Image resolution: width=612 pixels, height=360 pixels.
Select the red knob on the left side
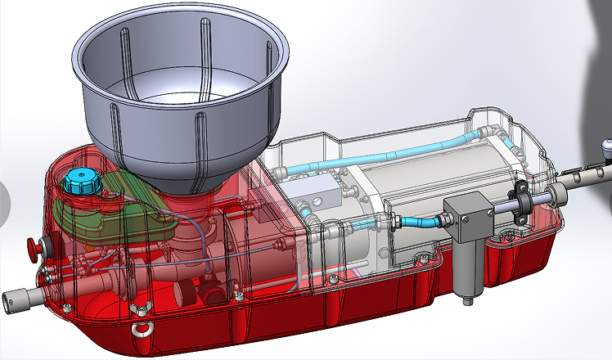35,245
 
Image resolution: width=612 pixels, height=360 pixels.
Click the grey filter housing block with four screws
464,218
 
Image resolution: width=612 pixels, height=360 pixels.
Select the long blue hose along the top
393,155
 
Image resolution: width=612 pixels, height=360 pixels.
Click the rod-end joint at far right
606,148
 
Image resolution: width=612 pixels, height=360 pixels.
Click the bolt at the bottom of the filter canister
469,300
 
